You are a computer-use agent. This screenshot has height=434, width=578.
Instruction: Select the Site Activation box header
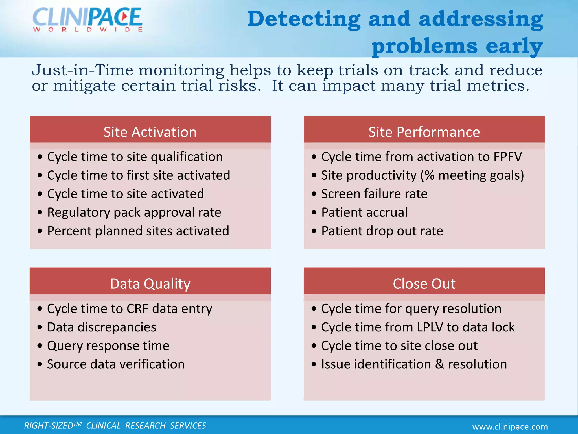pos(150,132)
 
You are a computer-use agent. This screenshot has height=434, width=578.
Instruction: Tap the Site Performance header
pos(424,132)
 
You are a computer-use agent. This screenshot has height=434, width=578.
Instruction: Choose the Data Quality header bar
pos(150,284)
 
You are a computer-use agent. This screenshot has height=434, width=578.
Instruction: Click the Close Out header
pos(424,284)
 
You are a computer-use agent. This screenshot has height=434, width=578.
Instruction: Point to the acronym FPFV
pos(507,157)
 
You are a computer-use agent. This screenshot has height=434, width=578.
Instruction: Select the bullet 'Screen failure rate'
pos(374,194)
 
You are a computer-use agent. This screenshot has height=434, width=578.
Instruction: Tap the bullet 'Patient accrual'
pos(364,212)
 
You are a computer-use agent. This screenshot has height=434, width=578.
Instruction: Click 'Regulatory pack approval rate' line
pos(134,212)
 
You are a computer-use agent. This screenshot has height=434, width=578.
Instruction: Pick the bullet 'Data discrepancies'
pos(102,327)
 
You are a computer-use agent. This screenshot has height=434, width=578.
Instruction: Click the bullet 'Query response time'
pos(108,346)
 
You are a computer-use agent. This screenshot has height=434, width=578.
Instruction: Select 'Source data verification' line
pos(116,364)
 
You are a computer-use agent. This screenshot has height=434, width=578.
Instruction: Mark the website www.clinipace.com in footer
pos(510,427)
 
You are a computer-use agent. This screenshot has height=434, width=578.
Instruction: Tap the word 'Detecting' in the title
pos(304,19)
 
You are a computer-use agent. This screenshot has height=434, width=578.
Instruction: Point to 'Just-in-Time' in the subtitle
pos(82,70)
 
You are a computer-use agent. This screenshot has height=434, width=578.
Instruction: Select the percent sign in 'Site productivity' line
pos(430,175)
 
